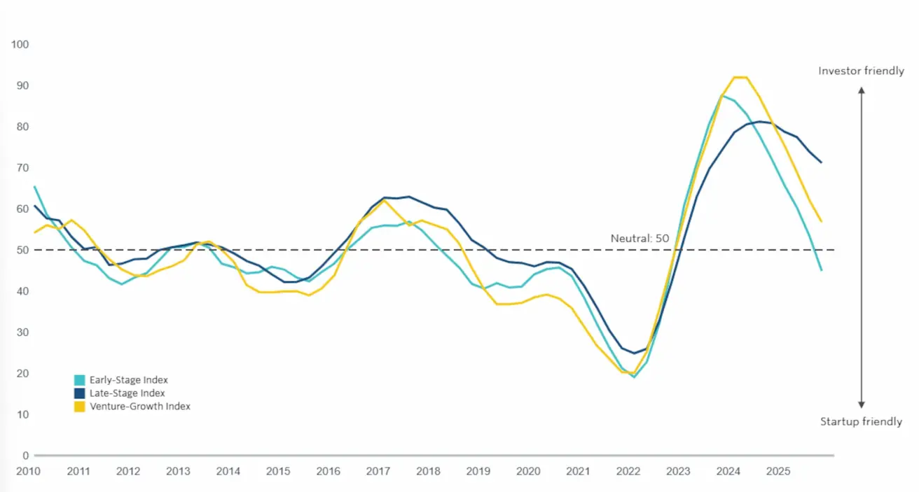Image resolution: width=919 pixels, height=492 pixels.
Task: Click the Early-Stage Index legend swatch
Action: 81,380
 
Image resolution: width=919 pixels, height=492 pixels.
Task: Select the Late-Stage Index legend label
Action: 128,393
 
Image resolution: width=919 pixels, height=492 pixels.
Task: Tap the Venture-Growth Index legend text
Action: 140,406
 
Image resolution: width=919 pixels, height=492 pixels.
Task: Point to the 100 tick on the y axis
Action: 20,45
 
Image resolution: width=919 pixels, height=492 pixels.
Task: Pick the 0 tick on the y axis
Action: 25,456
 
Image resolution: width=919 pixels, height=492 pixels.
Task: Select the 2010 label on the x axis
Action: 28,471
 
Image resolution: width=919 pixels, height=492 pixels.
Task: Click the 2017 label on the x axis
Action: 378,471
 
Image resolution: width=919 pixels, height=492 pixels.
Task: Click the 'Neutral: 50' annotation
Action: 640,239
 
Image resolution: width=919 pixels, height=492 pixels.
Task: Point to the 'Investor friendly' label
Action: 861,71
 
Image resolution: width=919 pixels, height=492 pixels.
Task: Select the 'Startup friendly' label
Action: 861,421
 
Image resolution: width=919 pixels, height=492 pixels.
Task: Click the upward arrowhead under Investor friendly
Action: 862,90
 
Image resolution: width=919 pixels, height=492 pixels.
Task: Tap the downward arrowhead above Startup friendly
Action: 862,405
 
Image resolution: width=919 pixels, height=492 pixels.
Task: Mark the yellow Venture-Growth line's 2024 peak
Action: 740,77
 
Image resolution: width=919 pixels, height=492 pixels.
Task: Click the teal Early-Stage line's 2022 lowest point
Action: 634,377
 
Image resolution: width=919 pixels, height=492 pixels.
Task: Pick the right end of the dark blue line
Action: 821,162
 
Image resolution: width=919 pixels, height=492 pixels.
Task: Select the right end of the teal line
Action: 821,270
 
